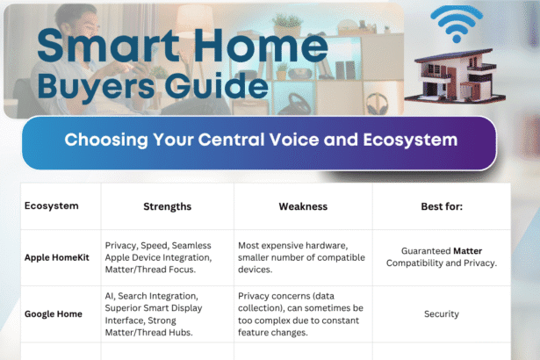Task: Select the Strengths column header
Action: (x=167, y=206)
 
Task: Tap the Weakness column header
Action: (x=303, y=206)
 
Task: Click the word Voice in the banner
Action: (x=311, y=140)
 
